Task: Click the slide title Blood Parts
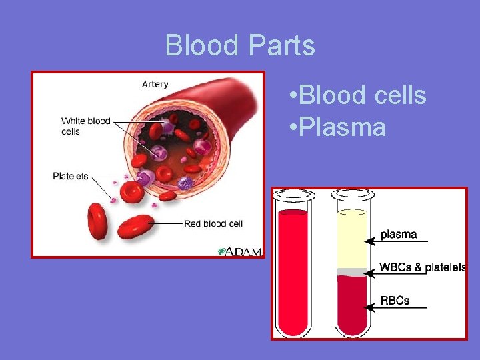tap(240, 45)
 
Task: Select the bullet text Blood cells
tap(359, 95)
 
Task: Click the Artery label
tap(155, 85)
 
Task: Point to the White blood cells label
tap(85, 126)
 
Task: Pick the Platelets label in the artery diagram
tap(71, 176)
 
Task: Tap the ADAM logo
tap(241, 251)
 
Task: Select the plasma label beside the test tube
tap(398, 235)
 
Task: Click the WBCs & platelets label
tap(422, 267)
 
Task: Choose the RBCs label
tap(394, 301)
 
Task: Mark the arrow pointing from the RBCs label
tap(397, 307)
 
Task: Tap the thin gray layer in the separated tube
tap(351, 272)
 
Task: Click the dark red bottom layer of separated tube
tap(351, 303)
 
